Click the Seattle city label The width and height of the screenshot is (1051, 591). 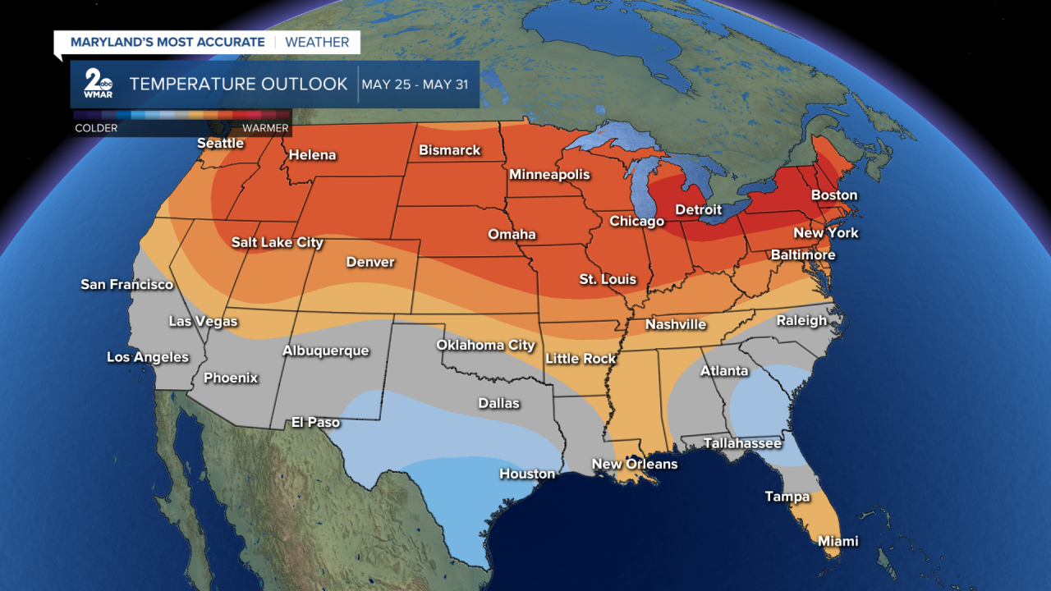click(x=220, y=143)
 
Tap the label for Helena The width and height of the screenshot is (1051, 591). click(x=311, y=155)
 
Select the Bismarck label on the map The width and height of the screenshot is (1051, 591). click(x=449, y=150)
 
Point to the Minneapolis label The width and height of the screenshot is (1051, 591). click(x=549, y=175)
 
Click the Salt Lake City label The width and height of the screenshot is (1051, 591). click(x=277, y=243)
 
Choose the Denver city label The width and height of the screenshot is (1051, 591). click(x=369, y=263)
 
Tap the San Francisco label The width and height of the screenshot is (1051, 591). click(x=126, y=285)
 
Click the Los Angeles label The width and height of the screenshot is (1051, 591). click(x=148, y=357)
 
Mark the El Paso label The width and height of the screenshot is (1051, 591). click(x=315, y=423)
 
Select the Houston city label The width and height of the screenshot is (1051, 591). click(x=527, y=474)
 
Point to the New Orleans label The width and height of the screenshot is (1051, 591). click(x=635, y=465)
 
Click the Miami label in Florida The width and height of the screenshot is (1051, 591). click(x=838, y=541)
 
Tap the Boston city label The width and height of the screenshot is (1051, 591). click(x=833, y=195)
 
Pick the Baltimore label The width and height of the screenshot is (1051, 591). click(x=802, y=255)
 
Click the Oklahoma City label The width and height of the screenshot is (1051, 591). click(x=485, y=346)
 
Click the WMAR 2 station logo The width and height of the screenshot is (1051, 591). click(x=99, y=84)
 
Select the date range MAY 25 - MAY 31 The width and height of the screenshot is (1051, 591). click(x=415, y=85)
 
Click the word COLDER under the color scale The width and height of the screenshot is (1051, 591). click(x=96, y=128)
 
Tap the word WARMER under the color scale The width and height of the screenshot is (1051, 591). click(x=264, y=128)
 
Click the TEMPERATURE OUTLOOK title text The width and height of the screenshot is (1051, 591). click(x=239, y=85)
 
